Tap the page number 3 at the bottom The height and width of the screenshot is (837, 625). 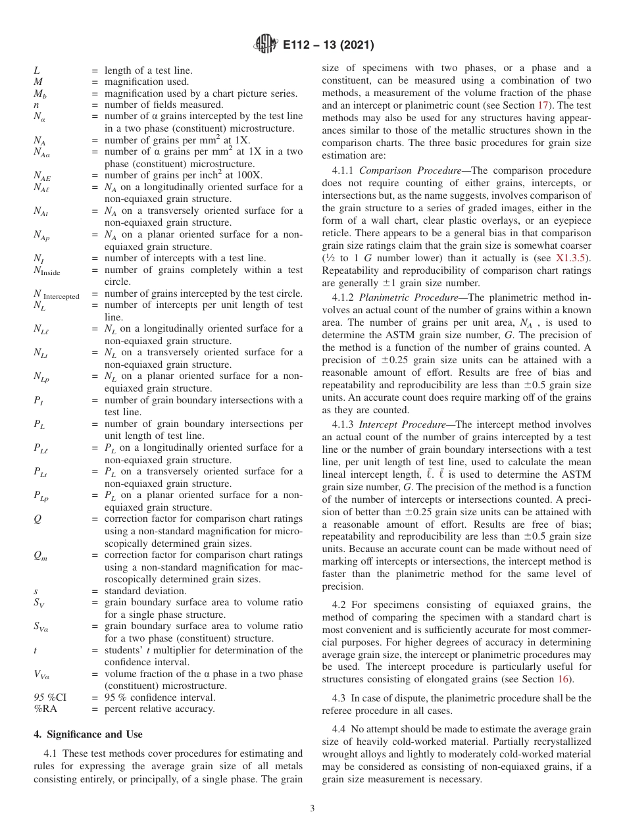(x=312, y=808)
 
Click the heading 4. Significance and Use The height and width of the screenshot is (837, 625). (x=87, y=734)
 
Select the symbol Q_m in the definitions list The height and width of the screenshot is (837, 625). (x=41, y=556)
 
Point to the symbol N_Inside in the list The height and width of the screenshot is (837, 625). (x=49, y=270)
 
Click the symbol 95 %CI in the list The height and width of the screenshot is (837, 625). (x=48, y=697)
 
